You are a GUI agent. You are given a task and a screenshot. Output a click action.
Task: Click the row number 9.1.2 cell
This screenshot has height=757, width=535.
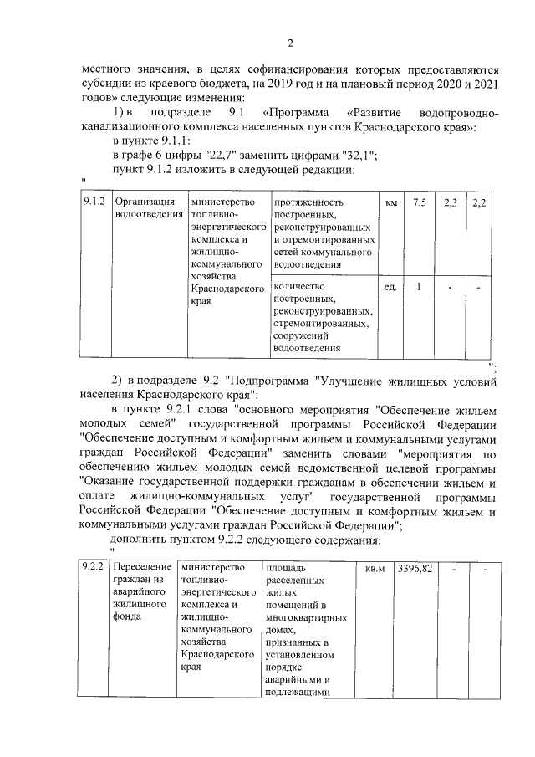tap(93, 202)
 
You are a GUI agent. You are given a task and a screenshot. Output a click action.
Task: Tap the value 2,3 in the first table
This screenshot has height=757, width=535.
tap(450, 202)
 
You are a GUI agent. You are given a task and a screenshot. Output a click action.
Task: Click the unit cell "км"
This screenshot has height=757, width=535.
tap(390, 202)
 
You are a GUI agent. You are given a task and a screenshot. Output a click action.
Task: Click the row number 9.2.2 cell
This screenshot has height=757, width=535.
tap(93, 568)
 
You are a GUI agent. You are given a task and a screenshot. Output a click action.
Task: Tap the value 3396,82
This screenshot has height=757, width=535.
tap(415, 568)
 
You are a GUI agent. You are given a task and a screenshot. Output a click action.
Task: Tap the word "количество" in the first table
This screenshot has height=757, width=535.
tap(298, 285)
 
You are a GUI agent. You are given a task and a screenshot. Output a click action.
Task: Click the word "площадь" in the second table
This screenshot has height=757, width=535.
tap(284, 568)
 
